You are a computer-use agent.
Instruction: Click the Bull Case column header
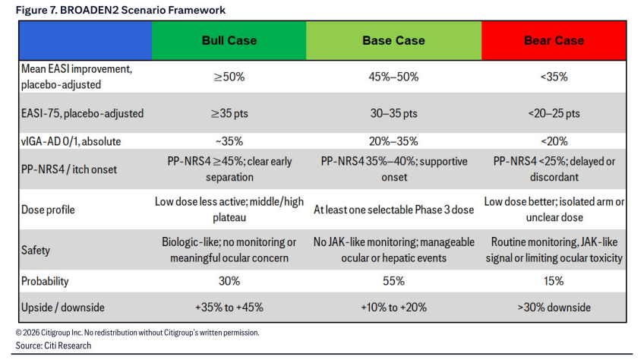(x=229, y=41)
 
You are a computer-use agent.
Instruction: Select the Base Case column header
(x=393, y=41)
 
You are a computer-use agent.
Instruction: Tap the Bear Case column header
(x=554, y=41)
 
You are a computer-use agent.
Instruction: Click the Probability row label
(x=45, y=282)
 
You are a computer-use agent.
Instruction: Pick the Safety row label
(x=36, y=250)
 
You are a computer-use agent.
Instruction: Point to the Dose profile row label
(x=48, y=210)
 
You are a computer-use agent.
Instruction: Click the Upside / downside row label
(x=63, y=308)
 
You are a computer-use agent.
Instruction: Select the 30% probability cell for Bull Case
(x=229, y=281)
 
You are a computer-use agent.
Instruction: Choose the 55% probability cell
(x=393, y=281)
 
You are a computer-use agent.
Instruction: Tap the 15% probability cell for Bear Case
(x=554, y=281)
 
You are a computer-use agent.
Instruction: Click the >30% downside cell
(x=554, y=308)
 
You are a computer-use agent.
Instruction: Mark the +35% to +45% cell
(x=229, y=308)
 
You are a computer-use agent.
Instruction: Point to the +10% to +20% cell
(x=393, y=308)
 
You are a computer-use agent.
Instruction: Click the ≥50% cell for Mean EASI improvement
(x=229, y=77)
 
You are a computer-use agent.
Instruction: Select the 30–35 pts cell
(x=393, y=113)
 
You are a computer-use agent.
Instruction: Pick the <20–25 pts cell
(x=554, y=113)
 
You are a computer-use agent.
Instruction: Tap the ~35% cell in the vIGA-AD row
(x=229, y=141)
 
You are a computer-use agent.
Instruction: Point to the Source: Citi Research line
(x=53, y=346)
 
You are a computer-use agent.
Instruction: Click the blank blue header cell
(x=85, y=41)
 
